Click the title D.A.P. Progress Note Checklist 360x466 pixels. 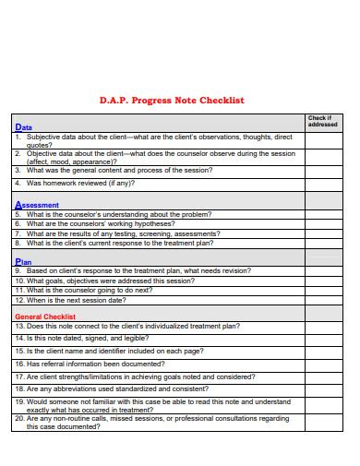coord(171,100)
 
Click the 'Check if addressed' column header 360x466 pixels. coord(322,121)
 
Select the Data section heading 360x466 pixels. coord(24,127)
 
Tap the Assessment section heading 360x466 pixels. coord(37,205)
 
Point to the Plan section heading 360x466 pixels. coord(24,261)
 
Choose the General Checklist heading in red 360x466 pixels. coord(45,316)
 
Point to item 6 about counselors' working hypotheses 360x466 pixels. coord(100,223)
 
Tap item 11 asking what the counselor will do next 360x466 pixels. coord(90,290)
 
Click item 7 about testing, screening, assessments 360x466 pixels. coord(123,233)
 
